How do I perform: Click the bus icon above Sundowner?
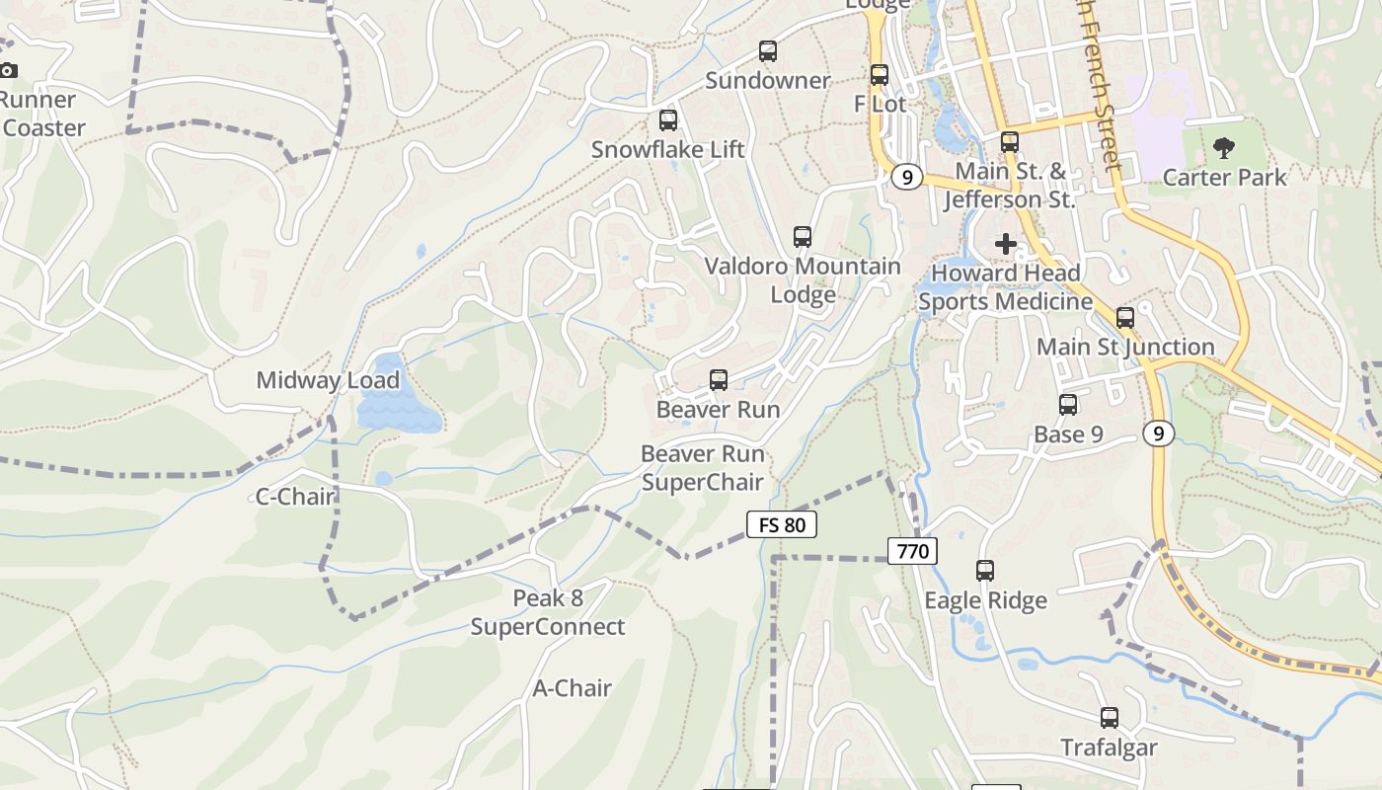click(767, 51)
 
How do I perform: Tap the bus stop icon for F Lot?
click(880, 75)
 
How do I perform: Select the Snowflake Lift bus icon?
click(668, 120)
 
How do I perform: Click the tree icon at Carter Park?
click(1224, 149)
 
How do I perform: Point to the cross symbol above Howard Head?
click(1006, 243)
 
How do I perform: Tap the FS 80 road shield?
click(782, 524)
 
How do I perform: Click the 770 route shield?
click(912, 551)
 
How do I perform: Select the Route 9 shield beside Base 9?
click(1159, 433)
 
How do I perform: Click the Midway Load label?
click(328, 380)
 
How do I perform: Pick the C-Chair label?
click(295, 497)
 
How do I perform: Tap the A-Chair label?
click(573, 688)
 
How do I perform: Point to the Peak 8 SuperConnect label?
click(548, 613)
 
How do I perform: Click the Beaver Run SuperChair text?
click(703, 468)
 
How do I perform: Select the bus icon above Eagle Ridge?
click(985, 570)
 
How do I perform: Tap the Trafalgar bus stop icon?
click(1110, 718)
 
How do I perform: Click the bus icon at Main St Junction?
click(1125, 318)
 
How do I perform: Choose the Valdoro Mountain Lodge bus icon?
click(803, 237)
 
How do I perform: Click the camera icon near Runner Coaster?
click(8, 70)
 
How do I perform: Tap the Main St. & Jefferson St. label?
click(1008, 186)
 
